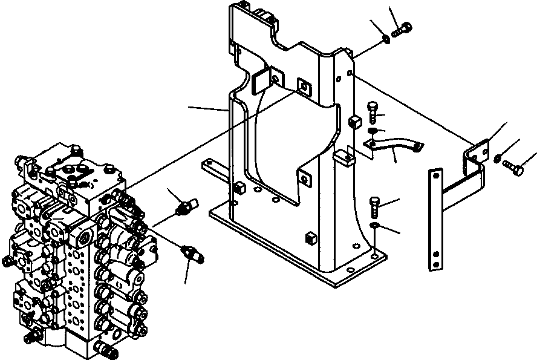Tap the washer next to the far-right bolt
(x=496, y=159)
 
